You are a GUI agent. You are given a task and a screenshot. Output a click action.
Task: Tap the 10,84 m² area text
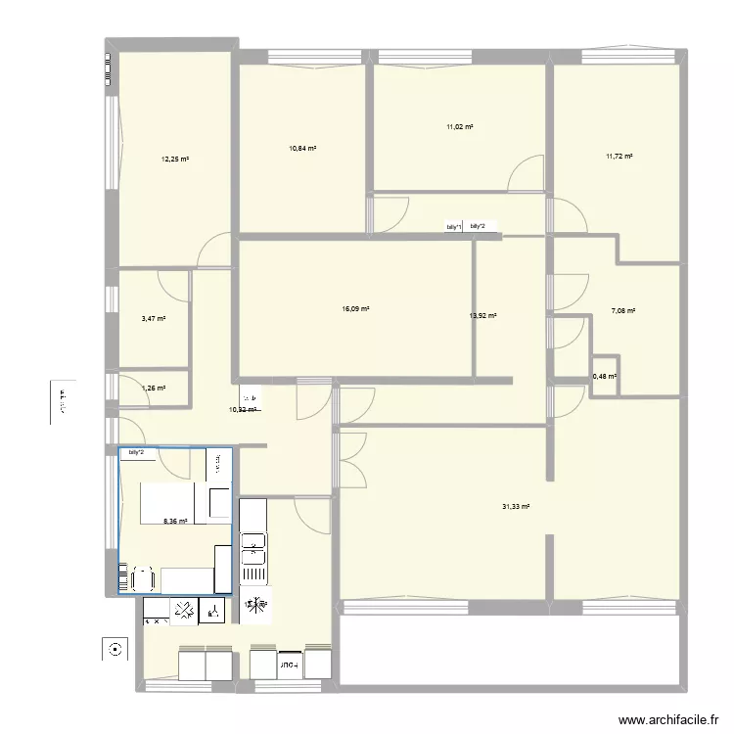301,148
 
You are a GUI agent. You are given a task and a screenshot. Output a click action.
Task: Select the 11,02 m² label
460,127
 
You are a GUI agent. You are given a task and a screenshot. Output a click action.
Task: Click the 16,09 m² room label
355,309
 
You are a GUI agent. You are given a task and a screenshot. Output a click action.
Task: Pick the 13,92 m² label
483,316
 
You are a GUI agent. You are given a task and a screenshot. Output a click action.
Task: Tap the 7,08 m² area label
623,311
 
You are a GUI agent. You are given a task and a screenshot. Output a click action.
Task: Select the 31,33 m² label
516,506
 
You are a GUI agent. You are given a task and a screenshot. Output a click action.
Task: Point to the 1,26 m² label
154,389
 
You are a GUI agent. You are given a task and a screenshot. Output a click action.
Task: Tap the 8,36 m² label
176,521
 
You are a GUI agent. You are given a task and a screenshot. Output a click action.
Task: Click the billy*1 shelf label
452,227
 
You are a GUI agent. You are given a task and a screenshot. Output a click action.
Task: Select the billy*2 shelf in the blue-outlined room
136,452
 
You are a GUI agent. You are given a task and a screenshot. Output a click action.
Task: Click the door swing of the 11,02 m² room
526,173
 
